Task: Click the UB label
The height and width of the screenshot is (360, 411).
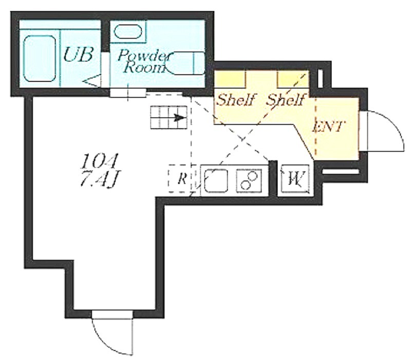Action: [78, 54]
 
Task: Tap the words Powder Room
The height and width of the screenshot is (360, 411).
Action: [144, 61]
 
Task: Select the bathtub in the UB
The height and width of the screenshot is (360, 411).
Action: [40, 59]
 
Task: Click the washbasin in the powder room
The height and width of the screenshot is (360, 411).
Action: [127, 31]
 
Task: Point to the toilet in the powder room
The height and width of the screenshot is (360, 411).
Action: [185, 63]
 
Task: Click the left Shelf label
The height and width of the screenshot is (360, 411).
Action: [236, 100]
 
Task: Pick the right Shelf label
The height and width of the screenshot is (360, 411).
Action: [286, 100]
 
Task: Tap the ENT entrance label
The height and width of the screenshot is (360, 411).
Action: [328, 127]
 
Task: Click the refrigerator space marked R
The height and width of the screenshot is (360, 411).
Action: [182, 178]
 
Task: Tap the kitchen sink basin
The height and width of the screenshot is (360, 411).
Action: [216, 181]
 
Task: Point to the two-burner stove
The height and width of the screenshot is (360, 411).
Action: [249, 181]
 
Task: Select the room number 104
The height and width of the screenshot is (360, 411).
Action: [99, 161]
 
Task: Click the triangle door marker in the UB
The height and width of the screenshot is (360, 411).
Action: [92, 81]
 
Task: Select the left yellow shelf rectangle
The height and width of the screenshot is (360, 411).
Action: [230, 79]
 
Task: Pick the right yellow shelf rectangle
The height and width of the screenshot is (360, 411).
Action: [293, 79]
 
